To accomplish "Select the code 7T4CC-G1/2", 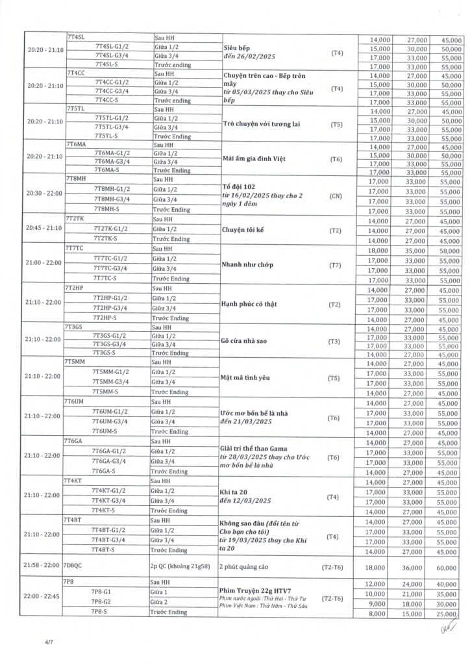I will (x=112, y=82).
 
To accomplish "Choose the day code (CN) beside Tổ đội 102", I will (x=336, y=194).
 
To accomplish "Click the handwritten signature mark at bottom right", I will (x=445, y=628).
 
